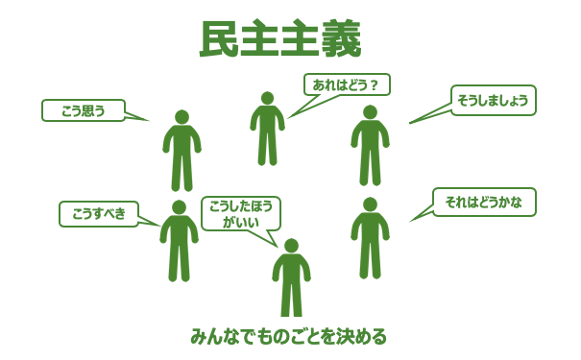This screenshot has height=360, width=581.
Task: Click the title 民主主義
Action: tap(279, 39)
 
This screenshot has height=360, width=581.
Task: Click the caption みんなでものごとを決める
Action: tap(288, 336)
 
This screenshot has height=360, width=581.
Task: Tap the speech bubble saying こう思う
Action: tap(84, 110)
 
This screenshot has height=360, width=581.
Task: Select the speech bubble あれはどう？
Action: tap(347, 84)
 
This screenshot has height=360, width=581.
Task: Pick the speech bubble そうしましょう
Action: tap(493, 100)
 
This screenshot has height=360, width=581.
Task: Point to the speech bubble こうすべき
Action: tap(99, 213)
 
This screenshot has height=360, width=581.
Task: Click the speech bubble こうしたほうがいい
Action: tap(241, 213)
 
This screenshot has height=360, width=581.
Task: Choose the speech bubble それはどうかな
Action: tap(484, 202)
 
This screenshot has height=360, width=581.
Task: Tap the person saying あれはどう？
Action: tap(267, 129)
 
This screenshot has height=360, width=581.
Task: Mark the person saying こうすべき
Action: tap(179, 241)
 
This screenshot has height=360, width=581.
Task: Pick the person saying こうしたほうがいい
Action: tap(291, 278)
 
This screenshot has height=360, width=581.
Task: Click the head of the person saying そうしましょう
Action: tap(370, 112)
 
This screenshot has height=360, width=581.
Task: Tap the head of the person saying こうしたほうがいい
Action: tap(291, 246)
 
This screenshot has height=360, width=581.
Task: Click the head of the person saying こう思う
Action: tap(182, 117)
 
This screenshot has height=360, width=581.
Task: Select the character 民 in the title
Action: tap(219, 39)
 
